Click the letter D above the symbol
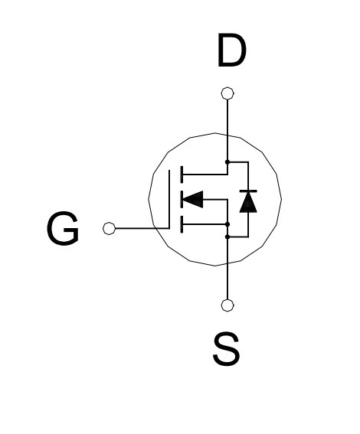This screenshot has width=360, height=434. pos(232,51)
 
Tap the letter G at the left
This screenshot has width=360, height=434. pos(63,228)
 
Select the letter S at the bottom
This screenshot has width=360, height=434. pos(227,349)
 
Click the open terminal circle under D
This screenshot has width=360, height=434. pos(227,93)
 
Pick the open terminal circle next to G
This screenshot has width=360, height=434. pos(109,228)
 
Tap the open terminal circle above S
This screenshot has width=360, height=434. pos(227,305)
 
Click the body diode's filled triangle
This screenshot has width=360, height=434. pos(248,202)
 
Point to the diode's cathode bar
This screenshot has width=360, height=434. pos(248,191)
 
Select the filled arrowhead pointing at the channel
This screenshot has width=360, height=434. pos(193,199)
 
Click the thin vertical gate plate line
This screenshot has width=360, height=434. pos(169,199)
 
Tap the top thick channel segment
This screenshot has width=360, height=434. pos(182,175)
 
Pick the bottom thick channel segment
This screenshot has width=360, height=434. pos(182,224)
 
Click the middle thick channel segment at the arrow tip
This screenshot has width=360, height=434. pos(182,199)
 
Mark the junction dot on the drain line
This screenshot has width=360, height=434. pos(227,162)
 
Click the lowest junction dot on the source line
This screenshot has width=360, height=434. pos(227,237)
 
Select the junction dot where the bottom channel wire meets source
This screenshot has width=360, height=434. pos(227,224)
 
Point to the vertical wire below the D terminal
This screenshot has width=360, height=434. pos(227,129)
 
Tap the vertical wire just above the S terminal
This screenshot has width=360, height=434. pos(227,269)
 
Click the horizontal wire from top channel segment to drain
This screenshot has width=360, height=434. pos(205,175)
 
